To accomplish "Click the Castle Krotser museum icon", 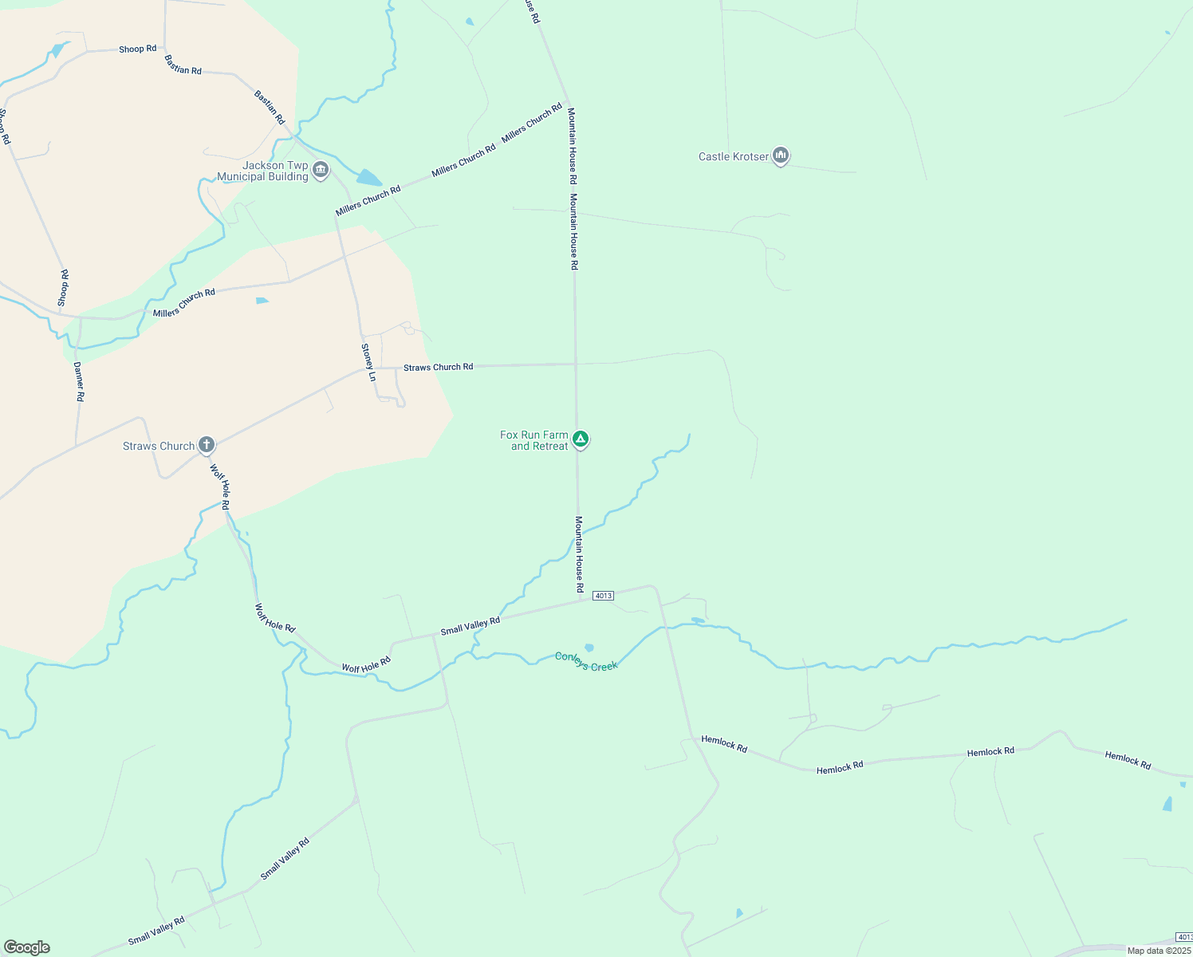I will (781, 156).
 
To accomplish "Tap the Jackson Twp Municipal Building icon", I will (321, 170).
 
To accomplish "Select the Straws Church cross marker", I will (207, 444).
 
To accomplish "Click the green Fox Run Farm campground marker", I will (581, 439).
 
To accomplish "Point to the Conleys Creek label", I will (586, 662).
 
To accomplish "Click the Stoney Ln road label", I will (368, 362).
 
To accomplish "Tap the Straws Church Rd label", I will (438, 367).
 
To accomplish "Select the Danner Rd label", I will (79, 381).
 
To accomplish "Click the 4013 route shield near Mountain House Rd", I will (603, 596).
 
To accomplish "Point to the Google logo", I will (27, 947).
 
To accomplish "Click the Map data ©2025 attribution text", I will (1159, 951).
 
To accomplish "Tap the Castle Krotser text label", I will (734, 156).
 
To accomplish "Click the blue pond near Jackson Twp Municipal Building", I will (368, 177).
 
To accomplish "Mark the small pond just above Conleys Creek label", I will (589, 648).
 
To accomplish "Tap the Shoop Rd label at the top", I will (137, 49).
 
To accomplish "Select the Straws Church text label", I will (159, 446).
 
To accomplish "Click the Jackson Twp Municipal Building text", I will (264, 171).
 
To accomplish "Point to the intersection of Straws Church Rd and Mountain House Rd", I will (576, 364).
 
